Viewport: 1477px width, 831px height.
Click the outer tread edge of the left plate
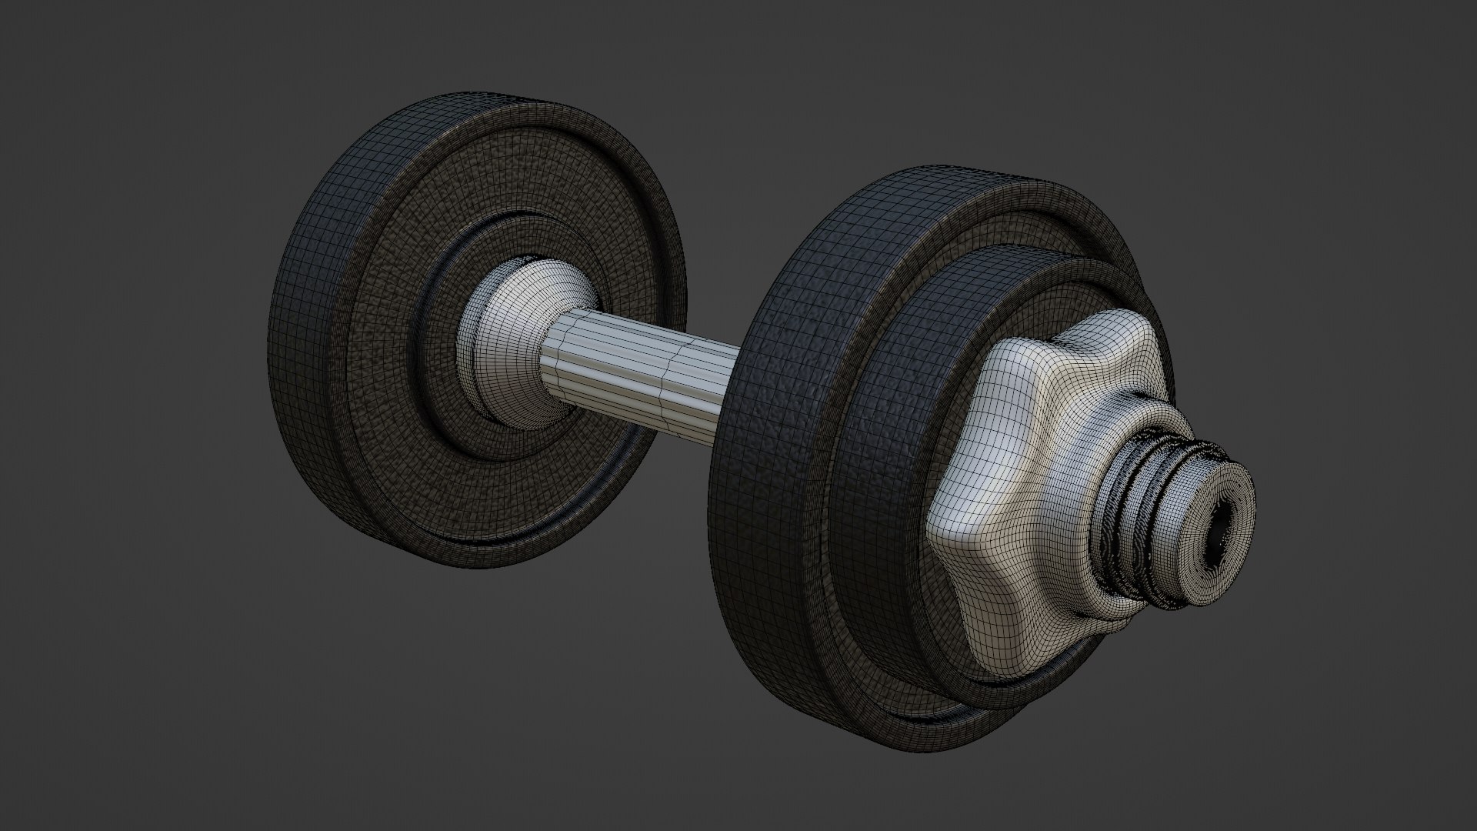(x=308, y=346)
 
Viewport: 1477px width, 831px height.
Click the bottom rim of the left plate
(x=477, y=558)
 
